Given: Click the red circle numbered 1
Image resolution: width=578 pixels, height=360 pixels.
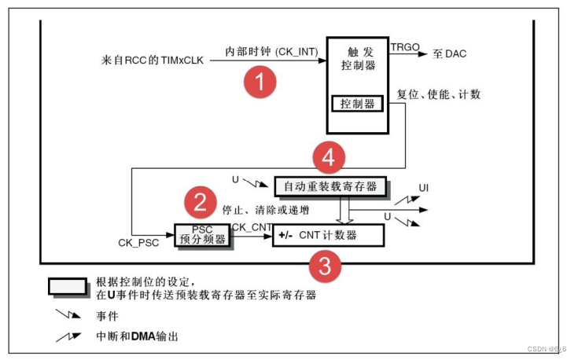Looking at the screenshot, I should click(260, 81).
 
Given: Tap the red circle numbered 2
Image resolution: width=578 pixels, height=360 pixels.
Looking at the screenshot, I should click(201, 204).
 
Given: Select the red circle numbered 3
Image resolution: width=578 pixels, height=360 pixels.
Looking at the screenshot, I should click(325, 266).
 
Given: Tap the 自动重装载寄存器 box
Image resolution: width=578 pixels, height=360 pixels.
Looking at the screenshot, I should click(330, 188).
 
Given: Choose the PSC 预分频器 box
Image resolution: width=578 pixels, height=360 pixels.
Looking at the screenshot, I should click(203, 235).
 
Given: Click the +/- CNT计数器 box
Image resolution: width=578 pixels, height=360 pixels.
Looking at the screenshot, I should click(328, 235).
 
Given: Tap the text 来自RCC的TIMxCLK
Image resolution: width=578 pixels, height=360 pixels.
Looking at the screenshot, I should click(155, 60).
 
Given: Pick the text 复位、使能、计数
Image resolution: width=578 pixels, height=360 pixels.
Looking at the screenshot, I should click(439, 95).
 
